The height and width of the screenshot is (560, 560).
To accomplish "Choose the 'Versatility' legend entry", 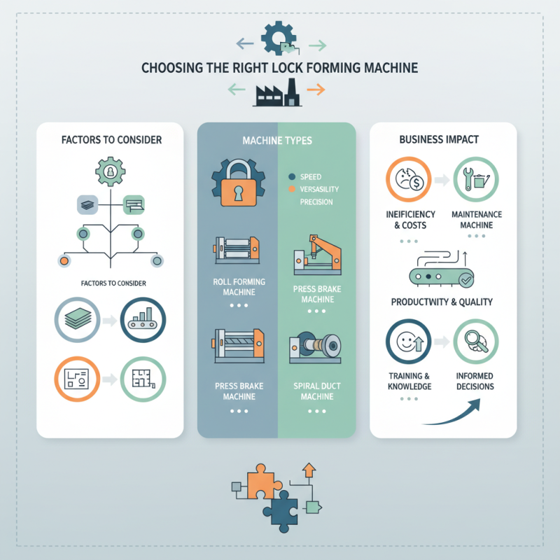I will (x=318, y=189).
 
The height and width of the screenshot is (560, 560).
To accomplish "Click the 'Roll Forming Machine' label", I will (x=234, y=286).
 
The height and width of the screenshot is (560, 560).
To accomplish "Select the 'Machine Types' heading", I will (x=277, y=141).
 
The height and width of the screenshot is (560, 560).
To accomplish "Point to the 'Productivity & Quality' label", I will (x=442, y=302).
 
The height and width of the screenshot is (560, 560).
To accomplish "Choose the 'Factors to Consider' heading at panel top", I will (x=111, y=140).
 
